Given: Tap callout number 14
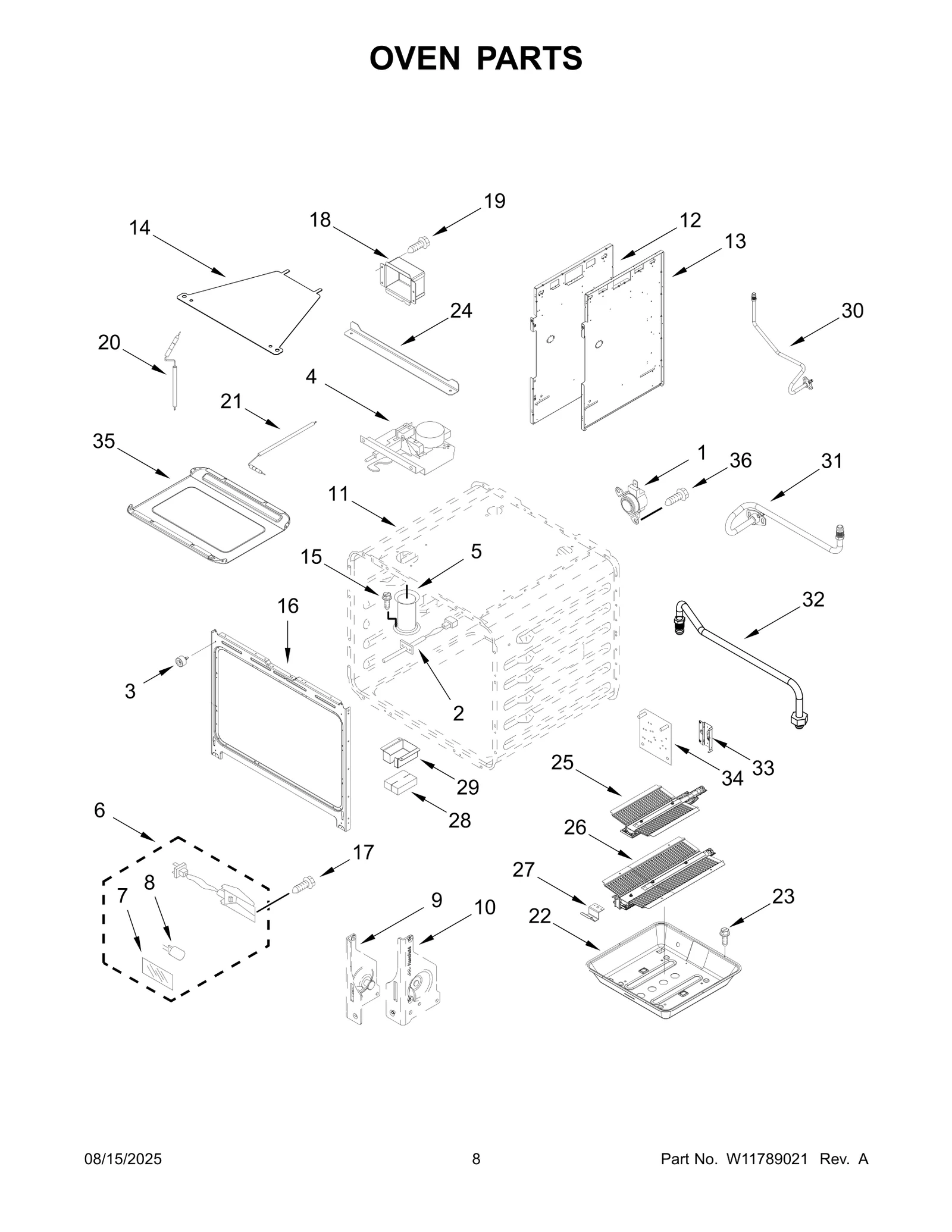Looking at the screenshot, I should pyautogui.click(x=140, y=228).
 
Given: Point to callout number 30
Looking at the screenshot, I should pyautogui.click(x=852, y=311).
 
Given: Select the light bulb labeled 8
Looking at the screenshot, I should pyautogui.click(x=176, y=952).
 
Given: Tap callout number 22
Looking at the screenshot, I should pyautogui.click(x=540, y=917).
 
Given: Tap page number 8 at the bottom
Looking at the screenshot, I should pyautogui.click(x=476, y=1159).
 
